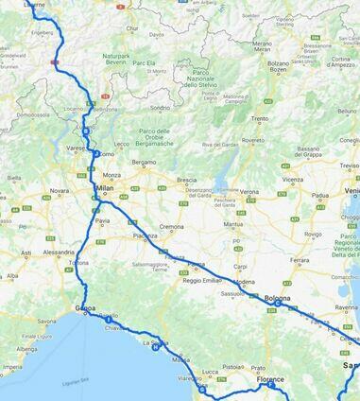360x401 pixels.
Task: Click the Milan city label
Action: point(106,188)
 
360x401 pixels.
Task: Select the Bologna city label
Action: point(277,299)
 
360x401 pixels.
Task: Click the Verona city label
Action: point(249,192)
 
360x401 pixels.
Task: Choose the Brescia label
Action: point(186,180)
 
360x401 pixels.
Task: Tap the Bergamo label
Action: point(144,162)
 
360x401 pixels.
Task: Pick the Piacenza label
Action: point(145,235)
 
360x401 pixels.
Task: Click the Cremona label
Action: point(171,227)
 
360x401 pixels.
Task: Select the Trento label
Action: point(259,118)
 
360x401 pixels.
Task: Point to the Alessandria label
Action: point(58,253)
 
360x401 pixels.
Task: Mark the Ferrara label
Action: point(300,259)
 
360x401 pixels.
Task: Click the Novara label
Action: point(60,190)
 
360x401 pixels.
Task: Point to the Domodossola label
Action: point(32,114)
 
